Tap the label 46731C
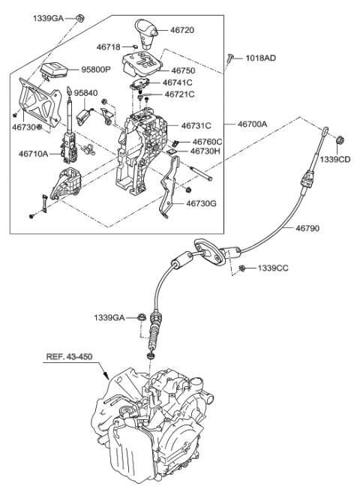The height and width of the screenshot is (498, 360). tap(196, 125)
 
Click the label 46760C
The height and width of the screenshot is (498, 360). tap(207, 141)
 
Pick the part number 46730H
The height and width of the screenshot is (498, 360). tap(205, 151)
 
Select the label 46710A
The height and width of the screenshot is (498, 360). tap(34, 154)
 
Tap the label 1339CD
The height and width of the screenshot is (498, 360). tap(335, 160)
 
